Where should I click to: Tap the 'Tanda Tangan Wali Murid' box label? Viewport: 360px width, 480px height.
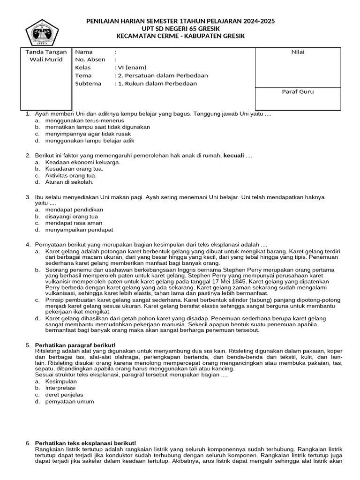point(46,56)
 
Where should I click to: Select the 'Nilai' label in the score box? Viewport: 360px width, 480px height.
point(298,52)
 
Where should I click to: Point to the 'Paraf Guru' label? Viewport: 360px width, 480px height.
point(298,92)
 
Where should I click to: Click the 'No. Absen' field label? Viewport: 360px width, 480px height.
point(90,60)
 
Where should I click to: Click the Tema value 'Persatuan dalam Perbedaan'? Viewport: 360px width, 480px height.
point(164,76)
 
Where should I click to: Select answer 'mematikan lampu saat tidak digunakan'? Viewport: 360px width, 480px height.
point(97,127)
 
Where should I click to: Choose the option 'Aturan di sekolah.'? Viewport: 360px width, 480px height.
point(69,182)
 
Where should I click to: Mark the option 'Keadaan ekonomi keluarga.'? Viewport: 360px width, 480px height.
point(82,162)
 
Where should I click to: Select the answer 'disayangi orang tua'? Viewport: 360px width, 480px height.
point(72,217)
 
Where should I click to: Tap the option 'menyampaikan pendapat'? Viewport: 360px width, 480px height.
point(79,230)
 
